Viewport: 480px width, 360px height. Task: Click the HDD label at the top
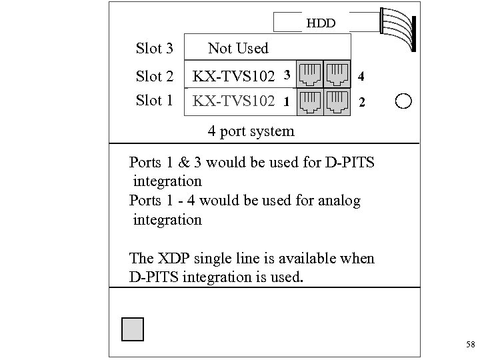coord(320,25)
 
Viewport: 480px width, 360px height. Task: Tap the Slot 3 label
coord(154,49)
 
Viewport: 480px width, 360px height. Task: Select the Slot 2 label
coord(154,77)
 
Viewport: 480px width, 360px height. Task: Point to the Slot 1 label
coord(154,101)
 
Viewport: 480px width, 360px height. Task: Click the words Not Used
coord(238,48)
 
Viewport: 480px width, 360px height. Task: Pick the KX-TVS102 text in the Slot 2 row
coord(233,77)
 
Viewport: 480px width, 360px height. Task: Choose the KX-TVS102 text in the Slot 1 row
coord(233,101)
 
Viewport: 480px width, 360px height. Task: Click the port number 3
coord(285,73)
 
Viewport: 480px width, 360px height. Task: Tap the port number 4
coord(361,77)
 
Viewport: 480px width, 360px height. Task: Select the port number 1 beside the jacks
coord(285,103)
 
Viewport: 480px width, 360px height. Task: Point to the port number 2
coord(361,103)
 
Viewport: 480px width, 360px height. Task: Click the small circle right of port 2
coord(404,101)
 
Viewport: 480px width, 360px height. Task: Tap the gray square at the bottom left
coord(133,329)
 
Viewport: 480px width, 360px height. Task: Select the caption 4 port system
coord(251,131)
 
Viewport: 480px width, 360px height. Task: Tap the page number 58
coord(470,345)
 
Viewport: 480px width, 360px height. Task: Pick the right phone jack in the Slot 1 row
coord(338,101)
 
